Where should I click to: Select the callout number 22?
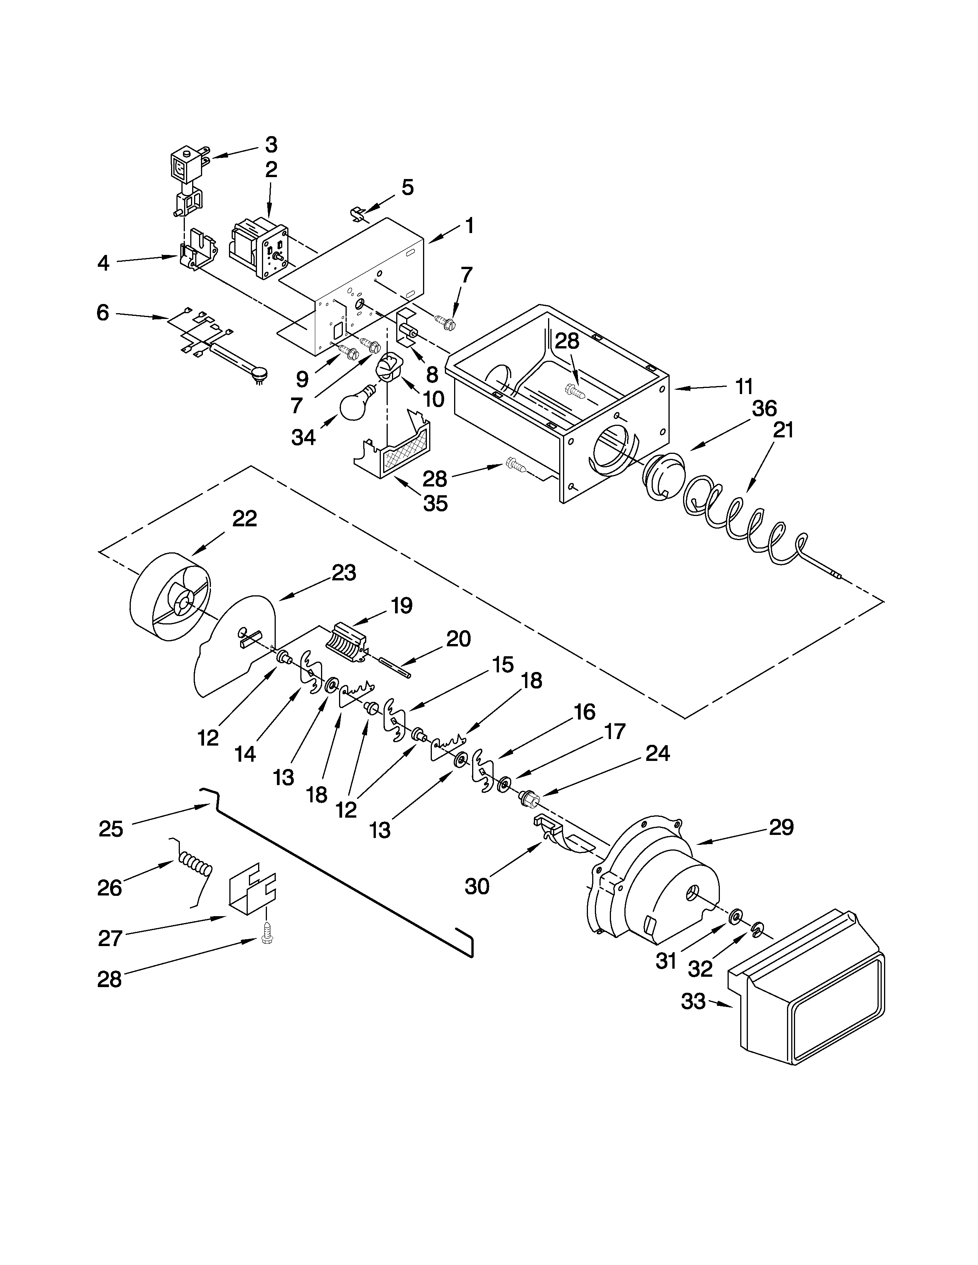tap(244, 518)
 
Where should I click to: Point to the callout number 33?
tap(693, 1001)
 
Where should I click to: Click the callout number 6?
tap(102, 313)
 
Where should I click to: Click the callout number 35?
tap(435, 503)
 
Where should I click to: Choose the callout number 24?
tap(657, 754)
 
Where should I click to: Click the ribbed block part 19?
tap(349, 642)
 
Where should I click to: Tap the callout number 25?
tap(111, 829)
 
